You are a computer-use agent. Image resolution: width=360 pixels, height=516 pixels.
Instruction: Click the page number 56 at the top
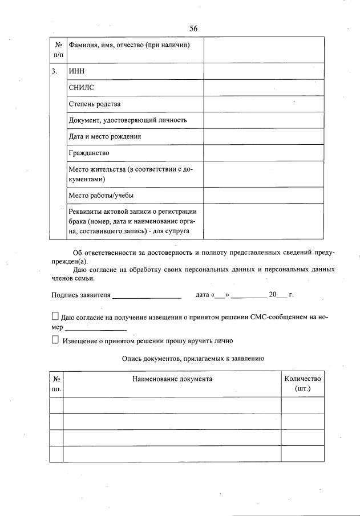click(193, 29)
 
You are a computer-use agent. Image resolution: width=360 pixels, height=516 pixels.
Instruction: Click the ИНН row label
click(76, 72)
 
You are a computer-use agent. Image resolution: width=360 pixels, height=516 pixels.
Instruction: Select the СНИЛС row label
click(81, 88)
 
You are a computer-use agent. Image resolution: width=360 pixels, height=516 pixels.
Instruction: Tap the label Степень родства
click(94, 104)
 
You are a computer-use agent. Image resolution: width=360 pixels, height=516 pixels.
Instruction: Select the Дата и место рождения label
click(105, 137)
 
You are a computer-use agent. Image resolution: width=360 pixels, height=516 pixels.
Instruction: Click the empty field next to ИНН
click(264, 72)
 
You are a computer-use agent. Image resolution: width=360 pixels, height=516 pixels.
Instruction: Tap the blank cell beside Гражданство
click(264, 153)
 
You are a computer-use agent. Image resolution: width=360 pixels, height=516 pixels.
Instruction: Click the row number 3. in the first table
click(54, 72)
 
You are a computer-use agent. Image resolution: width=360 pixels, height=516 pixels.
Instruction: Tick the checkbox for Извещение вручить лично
click(55, 340)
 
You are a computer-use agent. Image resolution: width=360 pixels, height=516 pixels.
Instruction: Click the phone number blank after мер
click(96, 329)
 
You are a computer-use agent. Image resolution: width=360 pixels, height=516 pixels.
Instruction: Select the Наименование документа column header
click(172, 379)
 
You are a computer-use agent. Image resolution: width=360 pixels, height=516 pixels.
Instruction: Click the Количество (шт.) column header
click(302, 384)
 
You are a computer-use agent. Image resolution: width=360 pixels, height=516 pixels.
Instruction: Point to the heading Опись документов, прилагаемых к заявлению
click(192, 359)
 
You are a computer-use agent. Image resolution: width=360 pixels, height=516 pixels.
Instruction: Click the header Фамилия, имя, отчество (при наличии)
click(129, 45)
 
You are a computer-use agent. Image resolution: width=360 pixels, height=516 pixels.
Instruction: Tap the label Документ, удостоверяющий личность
click(127, 120)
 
